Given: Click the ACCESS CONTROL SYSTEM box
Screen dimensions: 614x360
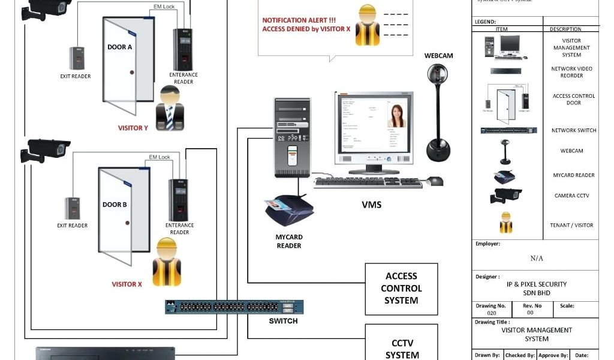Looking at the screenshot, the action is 401,289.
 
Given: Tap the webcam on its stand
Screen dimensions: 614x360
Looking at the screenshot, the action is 437,114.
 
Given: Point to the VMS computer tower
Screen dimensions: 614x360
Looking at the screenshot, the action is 293,137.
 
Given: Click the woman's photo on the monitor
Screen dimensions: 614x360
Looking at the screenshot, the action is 396,116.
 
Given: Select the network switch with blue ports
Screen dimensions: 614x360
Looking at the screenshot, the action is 234,307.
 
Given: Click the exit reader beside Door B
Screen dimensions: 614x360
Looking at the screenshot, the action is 73,208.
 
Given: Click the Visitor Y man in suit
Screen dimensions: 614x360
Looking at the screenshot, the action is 169,108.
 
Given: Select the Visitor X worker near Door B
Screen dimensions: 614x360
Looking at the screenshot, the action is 166,262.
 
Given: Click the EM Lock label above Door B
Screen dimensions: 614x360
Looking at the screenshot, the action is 159,157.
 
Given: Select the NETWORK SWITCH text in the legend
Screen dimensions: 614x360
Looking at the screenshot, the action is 573,130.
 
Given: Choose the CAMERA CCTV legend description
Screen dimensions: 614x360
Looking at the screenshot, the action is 571,196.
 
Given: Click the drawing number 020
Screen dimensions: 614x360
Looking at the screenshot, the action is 491,313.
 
